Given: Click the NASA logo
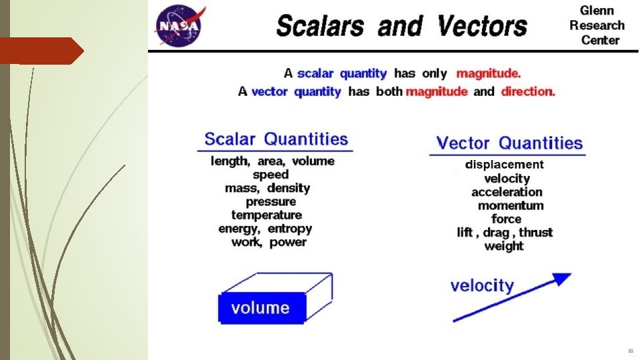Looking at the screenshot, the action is (179, 25).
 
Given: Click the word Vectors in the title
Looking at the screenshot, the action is (483, 26).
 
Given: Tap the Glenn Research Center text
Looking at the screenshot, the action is (597, 25).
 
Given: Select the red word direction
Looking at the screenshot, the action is (528, 91).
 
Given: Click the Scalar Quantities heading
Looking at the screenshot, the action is (276, 139).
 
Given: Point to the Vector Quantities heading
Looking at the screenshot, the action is (509, 143).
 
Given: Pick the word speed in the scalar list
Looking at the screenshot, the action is (271, 175).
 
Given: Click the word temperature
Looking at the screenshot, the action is (267, 215).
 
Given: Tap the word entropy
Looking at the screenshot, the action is (290, 229).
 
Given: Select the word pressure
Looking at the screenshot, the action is (271, 201).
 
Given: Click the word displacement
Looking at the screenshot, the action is (504, 165).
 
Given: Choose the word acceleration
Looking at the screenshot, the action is (507, 192).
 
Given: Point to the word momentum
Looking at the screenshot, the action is (511, 205).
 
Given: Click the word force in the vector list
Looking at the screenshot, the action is (506, 219).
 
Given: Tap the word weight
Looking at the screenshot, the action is (504, 246).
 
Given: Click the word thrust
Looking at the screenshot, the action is (536, 232).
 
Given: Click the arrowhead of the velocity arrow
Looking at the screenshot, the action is (563, 279).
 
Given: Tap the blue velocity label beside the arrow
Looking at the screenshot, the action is (482, 286).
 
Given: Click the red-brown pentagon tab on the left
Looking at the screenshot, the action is (41, 51).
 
